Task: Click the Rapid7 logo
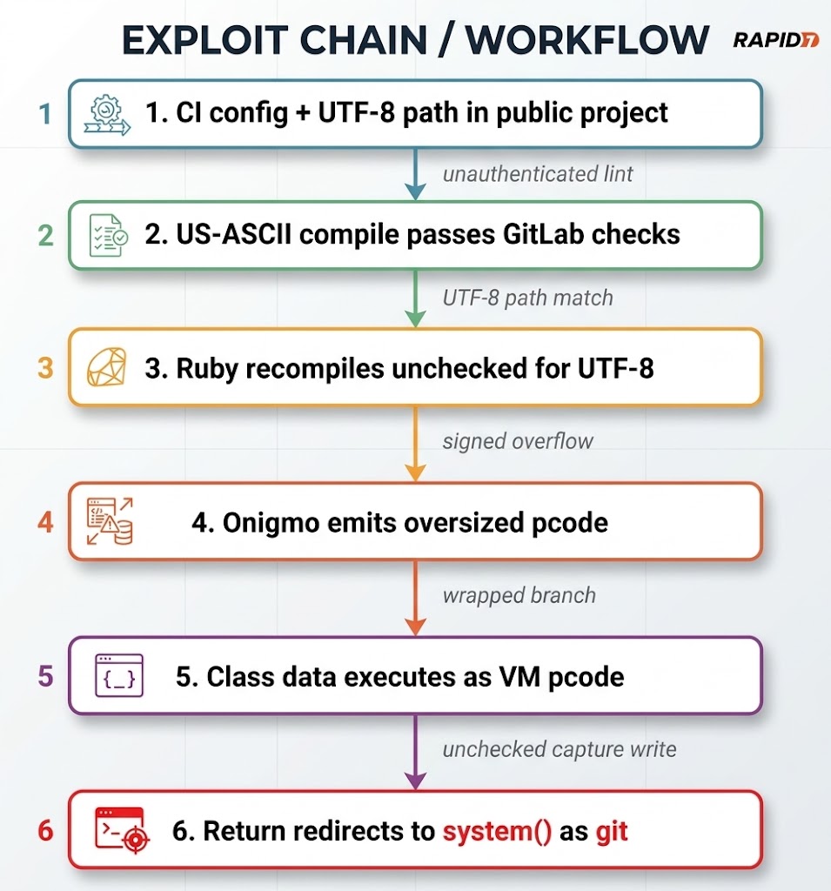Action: (776, 40)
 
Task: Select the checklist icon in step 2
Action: (109, 235)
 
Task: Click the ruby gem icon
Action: (106, 367)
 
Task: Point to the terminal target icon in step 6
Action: (122, 830)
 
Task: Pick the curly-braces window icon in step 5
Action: (119, 675)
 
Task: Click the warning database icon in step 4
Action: (110, 521)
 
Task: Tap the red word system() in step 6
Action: (497, 831)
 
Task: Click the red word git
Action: (612, 832)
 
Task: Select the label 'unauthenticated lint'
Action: (538, 174)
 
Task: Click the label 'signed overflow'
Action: (518, 441)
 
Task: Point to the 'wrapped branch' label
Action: (519, 595)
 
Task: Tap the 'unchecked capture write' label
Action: (560, 749)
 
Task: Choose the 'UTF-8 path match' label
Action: (528, 298)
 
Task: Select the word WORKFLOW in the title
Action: (587, 40)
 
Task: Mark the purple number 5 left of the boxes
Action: (45, 676)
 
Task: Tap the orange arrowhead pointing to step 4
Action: (416, 472)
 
